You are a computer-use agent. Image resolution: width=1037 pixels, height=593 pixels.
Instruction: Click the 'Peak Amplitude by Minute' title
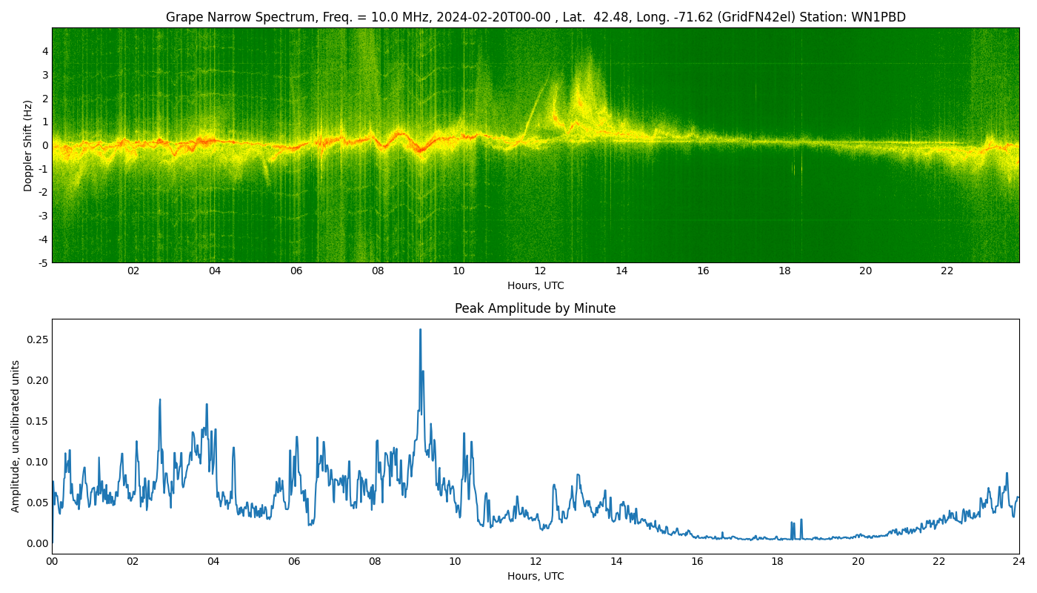click(x=535, y=308)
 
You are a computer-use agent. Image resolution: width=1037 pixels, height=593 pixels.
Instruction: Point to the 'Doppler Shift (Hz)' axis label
click(x=28, y=145)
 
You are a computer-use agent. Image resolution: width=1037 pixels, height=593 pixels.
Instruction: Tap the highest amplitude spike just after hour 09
click(x=420, y=330)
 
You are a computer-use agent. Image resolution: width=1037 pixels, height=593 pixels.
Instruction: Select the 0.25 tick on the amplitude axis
click(x=37, y=339)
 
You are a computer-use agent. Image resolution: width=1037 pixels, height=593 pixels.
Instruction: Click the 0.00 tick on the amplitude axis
click(x=37, y=543)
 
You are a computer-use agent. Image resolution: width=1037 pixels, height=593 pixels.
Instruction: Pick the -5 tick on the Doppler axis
click(x=44, y=262)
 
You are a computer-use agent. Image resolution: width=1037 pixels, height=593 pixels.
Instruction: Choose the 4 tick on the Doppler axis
click(x=45, y=51)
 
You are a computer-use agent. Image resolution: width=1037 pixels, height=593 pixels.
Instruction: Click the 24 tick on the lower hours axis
click(x=1019, y=561)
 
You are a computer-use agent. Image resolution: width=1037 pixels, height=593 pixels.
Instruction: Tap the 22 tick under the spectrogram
click(x=947, y=271)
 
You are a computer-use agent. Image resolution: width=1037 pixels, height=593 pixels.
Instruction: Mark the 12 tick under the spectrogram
click(x=540, y=271)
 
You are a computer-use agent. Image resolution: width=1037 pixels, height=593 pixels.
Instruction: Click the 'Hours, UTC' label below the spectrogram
click(x=536, y=285)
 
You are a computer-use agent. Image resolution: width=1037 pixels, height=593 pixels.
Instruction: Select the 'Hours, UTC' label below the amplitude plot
click(x=536, y=576)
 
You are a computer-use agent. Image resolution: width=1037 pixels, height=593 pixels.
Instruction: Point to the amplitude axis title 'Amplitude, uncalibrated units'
click(x=16, y=436)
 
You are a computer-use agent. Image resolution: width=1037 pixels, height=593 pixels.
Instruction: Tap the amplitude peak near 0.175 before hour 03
click(x=159, y=400)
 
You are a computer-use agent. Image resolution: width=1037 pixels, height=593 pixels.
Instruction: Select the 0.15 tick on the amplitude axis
click(x=37, y=421)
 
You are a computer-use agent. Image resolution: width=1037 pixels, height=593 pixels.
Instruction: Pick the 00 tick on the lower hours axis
click(x=52, y=561)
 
